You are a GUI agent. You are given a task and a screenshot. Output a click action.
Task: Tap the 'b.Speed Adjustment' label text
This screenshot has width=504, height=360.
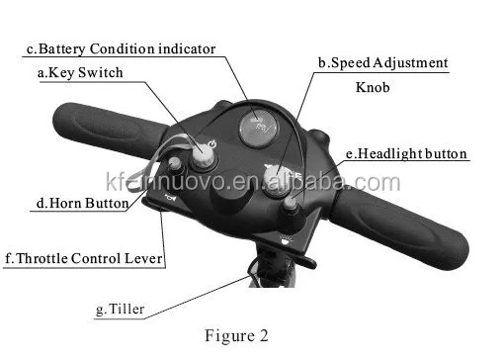[x=382, y=63]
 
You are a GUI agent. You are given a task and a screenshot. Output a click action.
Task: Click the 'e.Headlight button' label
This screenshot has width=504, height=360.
[x=406, y=154]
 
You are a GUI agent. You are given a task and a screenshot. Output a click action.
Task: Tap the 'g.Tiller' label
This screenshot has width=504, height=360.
[x=121, y=310]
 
